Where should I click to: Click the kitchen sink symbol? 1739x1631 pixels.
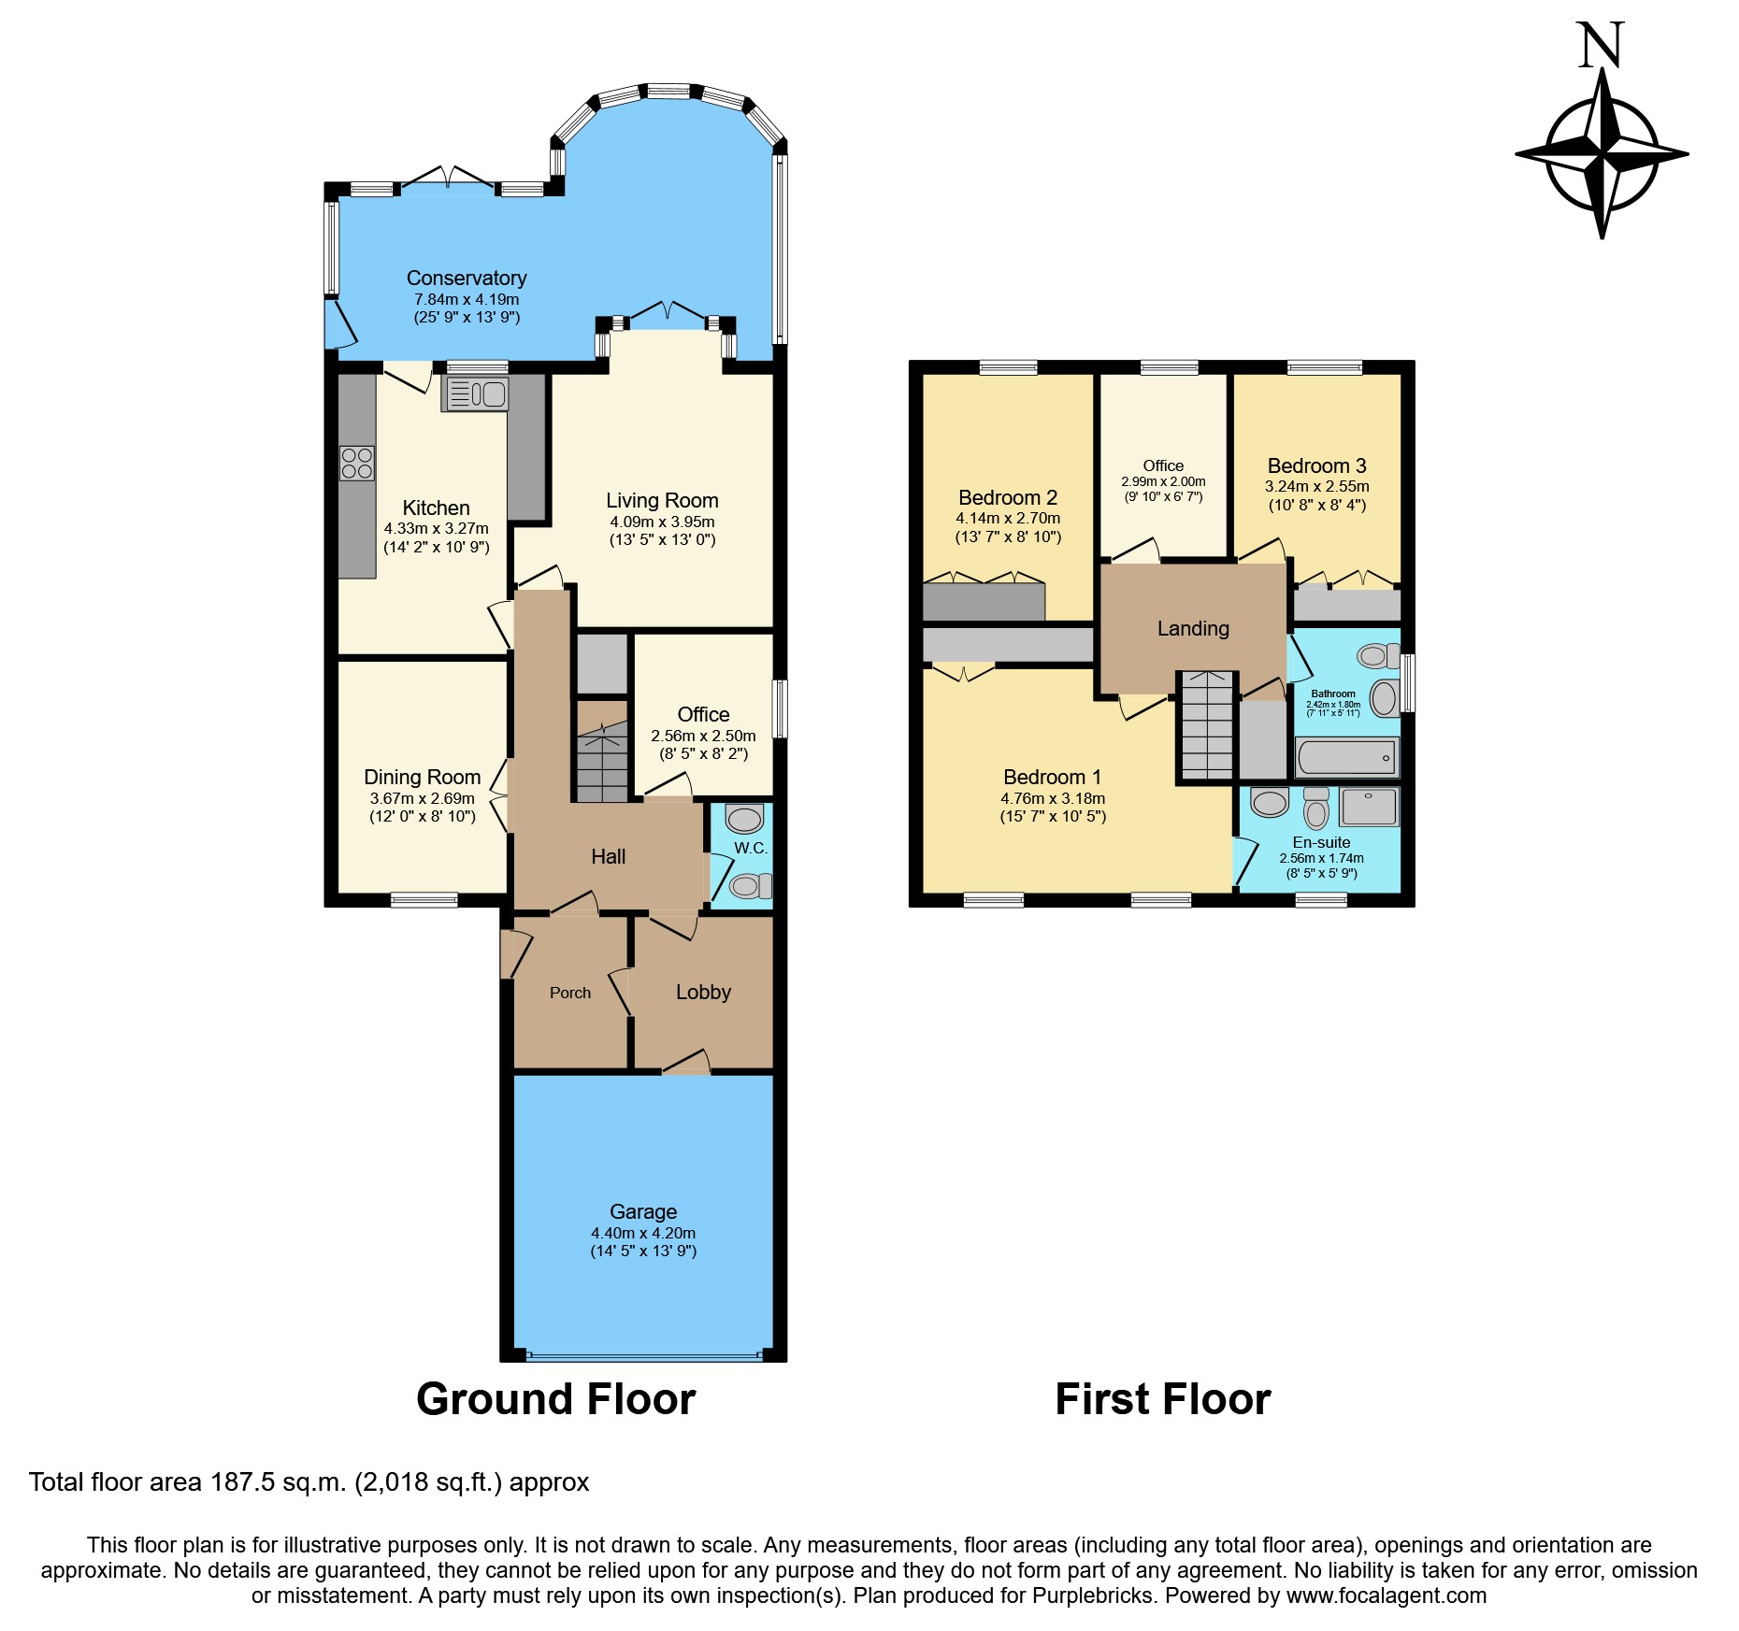click(475, 393)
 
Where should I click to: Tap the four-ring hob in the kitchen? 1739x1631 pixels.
click(357, 464)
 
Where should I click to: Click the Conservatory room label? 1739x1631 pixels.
click(467, 279)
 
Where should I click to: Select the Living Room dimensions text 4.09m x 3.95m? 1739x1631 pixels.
click(662, 522)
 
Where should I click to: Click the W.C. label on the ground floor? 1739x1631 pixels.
click(751, 849)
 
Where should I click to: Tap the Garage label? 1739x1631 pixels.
click(643, 1212)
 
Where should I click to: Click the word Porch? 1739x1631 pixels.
click(570, 994)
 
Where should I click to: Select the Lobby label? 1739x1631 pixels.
click(703, 993)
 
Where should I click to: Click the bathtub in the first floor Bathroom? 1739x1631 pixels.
click(1347, 757)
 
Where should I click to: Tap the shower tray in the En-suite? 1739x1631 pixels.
click(1369, 807)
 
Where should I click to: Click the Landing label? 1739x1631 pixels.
click(1193, 629)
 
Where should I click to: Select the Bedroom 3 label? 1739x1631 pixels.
click(1316, 466)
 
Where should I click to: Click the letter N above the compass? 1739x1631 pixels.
click(1601, 47)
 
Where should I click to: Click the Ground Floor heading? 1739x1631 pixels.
click(555, 1399)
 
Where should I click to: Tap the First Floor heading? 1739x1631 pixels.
click(1162, 1399)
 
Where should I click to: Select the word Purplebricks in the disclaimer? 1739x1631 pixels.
click(1093, 1595)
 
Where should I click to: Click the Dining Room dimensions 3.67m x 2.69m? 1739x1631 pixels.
click(423, 799)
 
